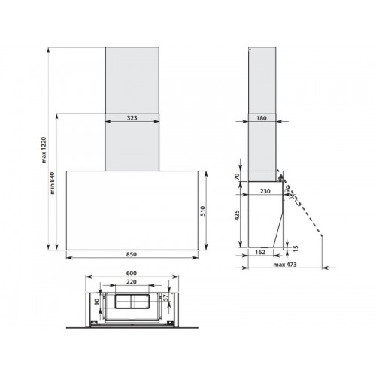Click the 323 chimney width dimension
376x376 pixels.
[x=132, y=118]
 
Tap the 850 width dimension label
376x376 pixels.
[x=132, y=254]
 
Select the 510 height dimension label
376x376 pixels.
[x=203, y=211]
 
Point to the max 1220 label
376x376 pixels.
[x=44, y=150]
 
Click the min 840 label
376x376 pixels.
[x=52, y=183]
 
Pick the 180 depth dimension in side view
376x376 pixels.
[x=262, y=118]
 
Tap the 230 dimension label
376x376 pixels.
[x=265, y=191]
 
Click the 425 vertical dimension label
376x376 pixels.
[x=237, y=215]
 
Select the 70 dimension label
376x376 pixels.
[x=237, y=177]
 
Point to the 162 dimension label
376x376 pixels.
[x=260, y=252]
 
